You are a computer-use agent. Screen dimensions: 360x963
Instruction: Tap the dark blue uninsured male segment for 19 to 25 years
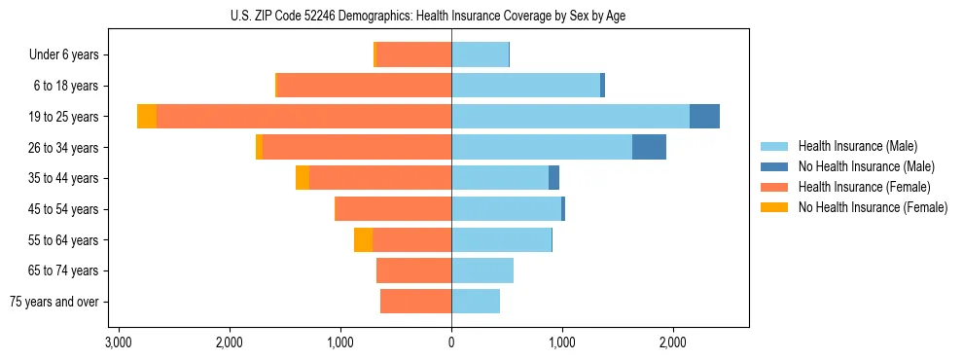[704, 117]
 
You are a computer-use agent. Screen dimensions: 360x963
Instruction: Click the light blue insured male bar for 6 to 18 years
[525, 86]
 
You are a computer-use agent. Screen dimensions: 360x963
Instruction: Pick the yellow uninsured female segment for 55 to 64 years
[363, 240]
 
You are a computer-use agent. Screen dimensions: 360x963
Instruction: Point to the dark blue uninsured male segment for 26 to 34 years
[649, 147]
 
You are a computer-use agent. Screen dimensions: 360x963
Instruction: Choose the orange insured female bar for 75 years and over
[415, 302]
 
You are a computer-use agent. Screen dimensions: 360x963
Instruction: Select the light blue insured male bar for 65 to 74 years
[482, 270]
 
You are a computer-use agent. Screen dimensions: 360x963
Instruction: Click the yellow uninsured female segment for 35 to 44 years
[303, 178]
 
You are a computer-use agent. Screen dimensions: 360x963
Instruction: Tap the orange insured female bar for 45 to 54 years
[393, 209]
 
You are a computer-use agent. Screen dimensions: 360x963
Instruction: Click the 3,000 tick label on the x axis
[118, 342]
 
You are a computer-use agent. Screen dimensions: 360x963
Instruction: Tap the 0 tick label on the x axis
[451, 342]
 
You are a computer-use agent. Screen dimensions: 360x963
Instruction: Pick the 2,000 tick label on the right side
[673, 342]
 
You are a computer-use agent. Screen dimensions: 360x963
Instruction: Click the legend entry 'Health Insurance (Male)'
[857, 146]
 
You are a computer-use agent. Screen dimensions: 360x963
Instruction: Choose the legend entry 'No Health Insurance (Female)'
[873, 207]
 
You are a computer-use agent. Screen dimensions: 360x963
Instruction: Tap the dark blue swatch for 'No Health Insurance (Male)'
[775, 166]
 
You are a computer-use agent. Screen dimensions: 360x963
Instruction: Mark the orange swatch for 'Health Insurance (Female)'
[775, 187]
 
